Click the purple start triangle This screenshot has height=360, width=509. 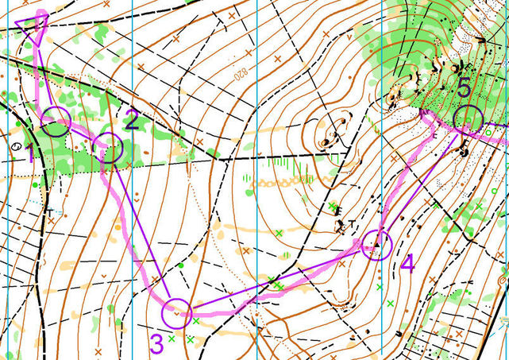(x=33, y=26)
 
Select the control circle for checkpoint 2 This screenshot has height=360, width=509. (x=108, y=149)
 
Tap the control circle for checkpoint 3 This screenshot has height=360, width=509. (x=176, y=313)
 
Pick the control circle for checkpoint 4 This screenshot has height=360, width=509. (x=376, y=246)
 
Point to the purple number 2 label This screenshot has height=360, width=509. (x=132, y=121)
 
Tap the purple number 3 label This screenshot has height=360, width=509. (x=156, y=343)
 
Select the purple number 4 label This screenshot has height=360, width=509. (x=407, y=263)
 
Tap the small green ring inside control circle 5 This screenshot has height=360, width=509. (x=470, y=120)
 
